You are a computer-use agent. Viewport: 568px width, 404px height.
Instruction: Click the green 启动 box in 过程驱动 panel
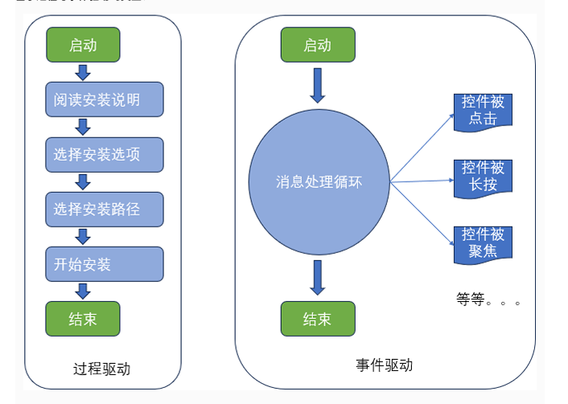click(83, 45)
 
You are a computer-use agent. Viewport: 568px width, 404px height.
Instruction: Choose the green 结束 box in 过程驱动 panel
click(83, 318)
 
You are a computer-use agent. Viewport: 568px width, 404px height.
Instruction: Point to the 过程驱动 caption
click(101, 369)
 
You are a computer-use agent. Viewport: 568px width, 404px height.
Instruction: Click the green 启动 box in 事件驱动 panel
click(317, 45)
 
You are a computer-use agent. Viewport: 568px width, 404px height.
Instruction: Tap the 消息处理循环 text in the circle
click(319, 182)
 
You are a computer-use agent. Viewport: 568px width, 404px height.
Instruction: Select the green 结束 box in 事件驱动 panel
click(317, 319)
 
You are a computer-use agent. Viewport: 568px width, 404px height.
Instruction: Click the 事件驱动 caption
click(384, 365)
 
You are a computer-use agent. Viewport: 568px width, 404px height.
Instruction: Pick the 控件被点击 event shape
click(483, 111)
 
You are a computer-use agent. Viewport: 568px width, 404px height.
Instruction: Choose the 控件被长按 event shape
click(483, 177)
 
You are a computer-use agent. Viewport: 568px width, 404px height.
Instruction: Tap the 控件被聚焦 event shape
click(483, 243)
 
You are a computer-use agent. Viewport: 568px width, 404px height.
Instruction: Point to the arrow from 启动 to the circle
click(318, 85)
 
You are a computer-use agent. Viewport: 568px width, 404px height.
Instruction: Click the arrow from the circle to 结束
click(318, 277)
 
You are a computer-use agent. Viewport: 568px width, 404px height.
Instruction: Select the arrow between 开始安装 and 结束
click(82, 291)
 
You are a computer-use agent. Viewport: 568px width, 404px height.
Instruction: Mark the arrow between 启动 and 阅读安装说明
click(82, 73)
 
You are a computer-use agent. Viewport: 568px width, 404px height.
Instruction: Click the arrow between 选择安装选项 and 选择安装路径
click(82, 182)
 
